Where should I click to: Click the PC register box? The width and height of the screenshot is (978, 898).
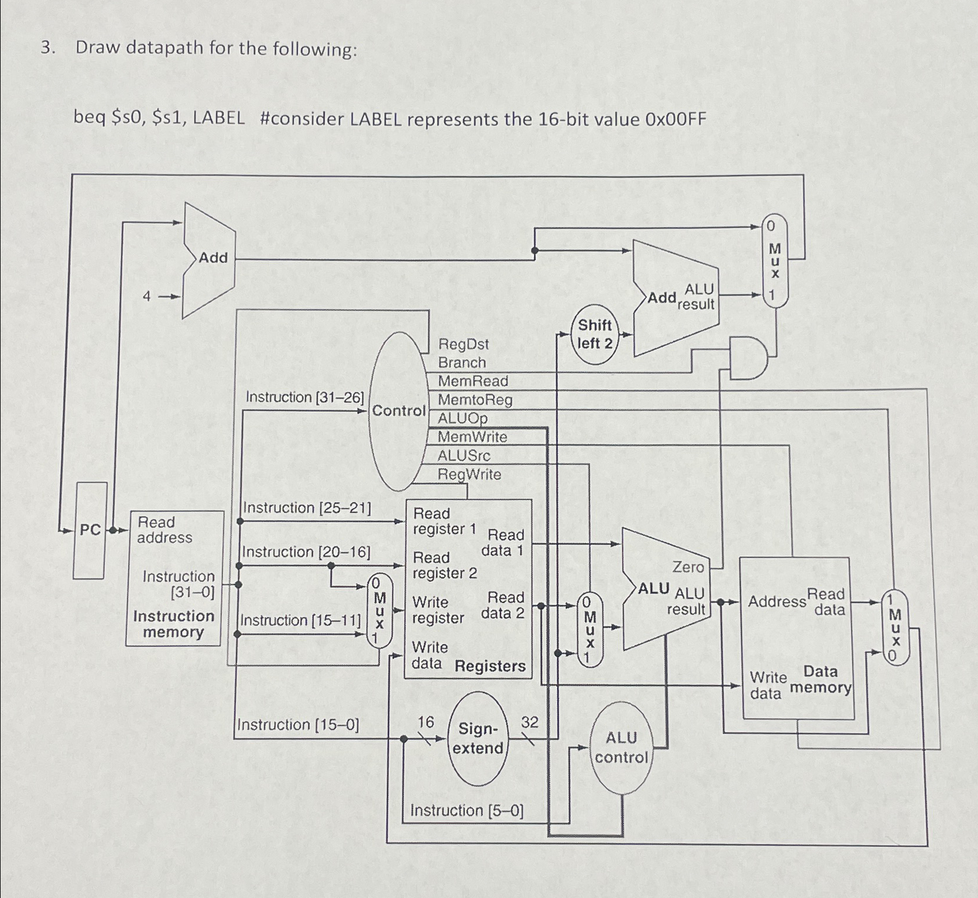[x=90, y=530]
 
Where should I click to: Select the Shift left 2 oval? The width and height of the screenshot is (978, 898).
[x=595, y=334]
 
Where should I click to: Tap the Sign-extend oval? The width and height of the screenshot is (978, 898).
[x=479, y=739]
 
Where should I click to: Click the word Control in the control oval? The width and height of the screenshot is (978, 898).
[x=399, y=411]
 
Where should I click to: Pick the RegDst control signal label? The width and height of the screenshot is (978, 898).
[x=464, y=344]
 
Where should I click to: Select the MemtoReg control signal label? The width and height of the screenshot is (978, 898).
[x=475, y=400]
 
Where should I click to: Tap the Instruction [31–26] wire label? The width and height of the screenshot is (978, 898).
[x=305, y=397]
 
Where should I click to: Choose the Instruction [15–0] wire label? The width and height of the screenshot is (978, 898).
[x=298, y=725]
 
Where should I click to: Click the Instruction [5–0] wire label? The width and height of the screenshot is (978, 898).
[x=467, y=811]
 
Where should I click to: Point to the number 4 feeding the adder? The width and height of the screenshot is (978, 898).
[x=147, y=296]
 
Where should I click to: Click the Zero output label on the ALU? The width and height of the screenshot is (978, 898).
[x=688, y=567]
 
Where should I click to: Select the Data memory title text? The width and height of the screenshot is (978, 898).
[x=821, y=680]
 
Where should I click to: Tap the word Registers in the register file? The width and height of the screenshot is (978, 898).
[x=490, y=666]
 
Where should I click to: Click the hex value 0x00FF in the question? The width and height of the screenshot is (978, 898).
[x=675, y=119]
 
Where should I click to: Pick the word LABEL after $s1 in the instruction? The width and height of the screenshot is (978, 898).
[x=219, y=119]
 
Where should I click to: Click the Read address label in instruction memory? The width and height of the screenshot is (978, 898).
[x=164, y=530]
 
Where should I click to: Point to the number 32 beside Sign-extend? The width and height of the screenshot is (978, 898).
[x=529, y=722]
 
